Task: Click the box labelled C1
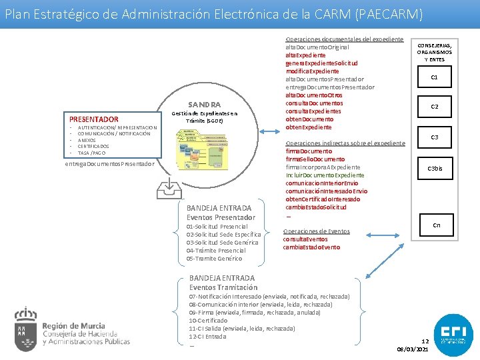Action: pyautogui.click(x=434, y=77)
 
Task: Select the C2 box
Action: pyautogui.click(x=434, y=107)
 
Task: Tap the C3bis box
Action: pyautogui.click(x=435, y=168)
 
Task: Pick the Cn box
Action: pyautogui.click(x=436, y=225)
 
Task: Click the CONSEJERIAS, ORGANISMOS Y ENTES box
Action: pyautogui.click(x=434, y=52)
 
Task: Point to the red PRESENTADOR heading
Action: pyautogui.click(x=94, y=119)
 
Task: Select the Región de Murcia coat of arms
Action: pyautogui.click(x=26, y=330)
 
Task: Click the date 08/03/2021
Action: pyautogui.click(x=413, y=349)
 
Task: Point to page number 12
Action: pyautogui.click(x=425, y=341)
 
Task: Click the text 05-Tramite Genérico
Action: pyautogui.click(x=214, y=259)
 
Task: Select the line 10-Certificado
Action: pyautogui.click(x=209, y=321)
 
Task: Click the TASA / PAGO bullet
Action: pyautogui.click(x=93, y=153)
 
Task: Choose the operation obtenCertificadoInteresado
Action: pyautogui.click(x=323, y=199)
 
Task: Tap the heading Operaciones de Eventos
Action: pyautogui.click(x=316, y=231)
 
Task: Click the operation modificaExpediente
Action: pyautogui.click(x=312, y=71)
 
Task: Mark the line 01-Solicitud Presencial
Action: pyautogui.click(x=217, y=227)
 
